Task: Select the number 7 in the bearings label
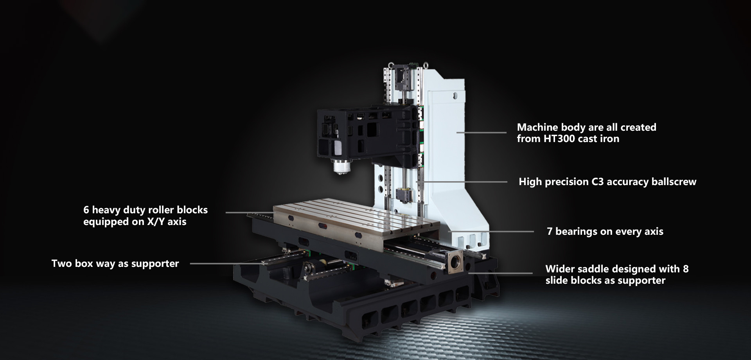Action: coord(550,231)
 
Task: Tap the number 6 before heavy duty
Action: coord(86,210)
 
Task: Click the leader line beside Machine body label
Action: coord(482,133)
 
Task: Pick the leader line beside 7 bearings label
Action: coord(491,232)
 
